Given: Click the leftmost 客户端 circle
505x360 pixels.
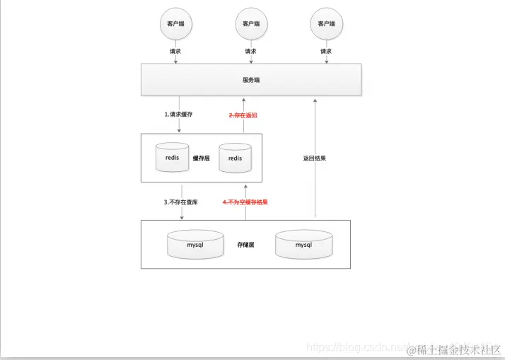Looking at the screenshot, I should (x=175, y=23).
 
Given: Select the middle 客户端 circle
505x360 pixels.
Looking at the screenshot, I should (x=250, y=23).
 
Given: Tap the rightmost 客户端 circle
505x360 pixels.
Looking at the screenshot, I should (x=325, y=23).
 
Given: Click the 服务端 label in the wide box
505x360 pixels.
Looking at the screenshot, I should (x=251, y=80).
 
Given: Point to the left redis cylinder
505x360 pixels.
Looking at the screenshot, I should (x=173, y=158).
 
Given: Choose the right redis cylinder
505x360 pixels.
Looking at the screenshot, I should (x=235, y=158).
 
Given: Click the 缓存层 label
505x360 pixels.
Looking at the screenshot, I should (x=202, y=158).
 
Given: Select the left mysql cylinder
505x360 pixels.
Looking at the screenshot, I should (x=195, y=245).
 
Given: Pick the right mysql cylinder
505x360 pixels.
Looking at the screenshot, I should (x=303, y=245).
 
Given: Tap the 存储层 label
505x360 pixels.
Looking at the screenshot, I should (x=245, y=245).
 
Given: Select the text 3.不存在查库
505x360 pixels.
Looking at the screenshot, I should (x=181, y=202).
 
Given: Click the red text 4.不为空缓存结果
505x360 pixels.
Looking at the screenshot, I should (x=245, y=202).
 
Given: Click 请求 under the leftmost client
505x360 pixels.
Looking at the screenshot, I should (x=175, y=52).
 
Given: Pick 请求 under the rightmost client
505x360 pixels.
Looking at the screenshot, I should (x=325, y=52).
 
